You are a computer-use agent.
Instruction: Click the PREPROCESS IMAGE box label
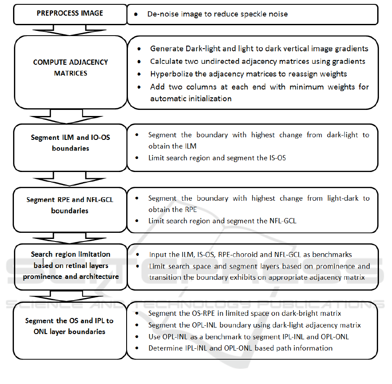[70, 13]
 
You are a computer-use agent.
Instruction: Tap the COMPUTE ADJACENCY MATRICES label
[70, 68]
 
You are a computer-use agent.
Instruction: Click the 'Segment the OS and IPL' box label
[70, 326]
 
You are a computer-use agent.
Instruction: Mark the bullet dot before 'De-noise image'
[137, 14]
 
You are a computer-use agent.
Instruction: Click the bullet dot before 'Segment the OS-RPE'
[137, 313]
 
